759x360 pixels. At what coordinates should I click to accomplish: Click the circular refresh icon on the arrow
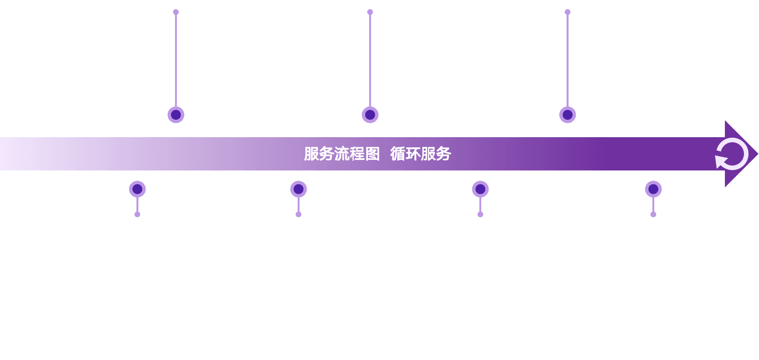(732, 154)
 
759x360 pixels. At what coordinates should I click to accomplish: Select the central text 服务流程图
(342, 154)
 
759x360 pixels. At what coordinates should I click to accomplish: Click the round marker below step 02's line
(176, 115)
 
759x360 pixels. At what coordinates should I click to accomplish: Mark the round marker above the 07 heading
(653, 189)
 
